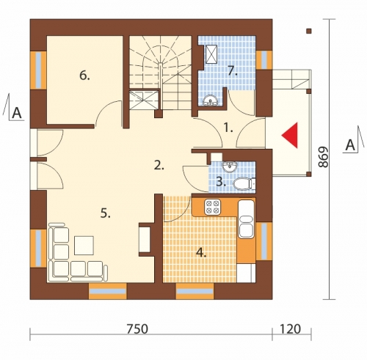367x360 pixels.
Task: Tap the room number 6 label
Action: (84, 76)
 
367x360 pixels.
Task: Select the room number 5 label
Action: (106, 213)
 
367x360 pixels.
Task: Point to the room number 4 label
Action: (201, 253)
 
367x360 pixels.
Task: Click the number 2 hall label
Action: (159, 166)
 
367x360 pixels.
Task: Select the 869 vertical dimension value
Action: (323, 157)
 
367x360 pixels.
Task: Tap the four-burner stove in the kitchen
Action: (212, 207)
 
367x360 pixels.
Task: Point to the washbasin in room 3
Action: (230, 166)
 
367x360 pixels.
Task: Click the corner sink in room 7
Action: (210, 101)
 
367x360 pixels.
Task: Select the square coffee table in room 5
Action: (84, 246)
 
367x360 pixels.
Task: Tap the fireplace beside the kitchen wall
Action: (145, 240)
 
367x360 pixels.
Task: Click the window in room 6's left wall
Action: (38, 70)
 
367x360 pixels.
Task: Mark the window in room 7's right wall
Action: (264, 60)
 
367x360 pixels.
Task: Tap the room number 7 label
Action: (233, 71)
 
